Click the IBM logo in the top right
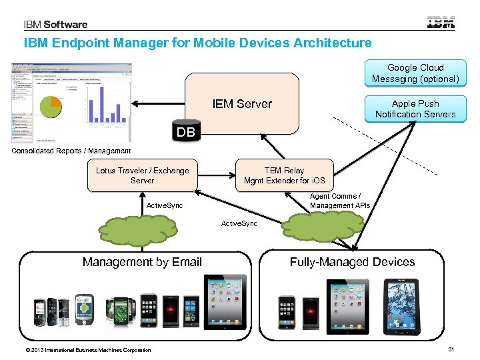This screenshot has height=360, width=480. point(441,23)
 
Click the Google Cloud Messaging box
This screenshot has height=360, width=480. point(415,73)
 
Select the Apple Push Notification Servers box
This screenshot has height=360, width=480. point(415,109)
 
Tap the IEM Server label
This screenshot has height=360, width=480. point(242,104)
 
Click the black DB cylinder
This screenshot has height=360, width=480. point(185,132)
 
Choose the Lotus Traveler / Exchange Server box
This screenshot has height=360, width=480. point(142,175)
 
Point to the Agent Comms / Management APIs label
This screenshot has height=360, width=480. point(340,201)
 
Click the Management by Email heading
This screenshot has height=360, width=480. point(142,262)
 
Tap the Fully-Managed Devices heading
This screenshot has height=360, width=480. point(352,262)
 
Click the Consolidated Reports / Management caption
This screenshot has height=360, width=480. point(71,151)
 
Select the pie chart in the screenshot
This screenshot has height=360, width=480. point(51,106)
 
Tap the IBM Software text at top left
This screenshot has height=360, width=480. point(55,25)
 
